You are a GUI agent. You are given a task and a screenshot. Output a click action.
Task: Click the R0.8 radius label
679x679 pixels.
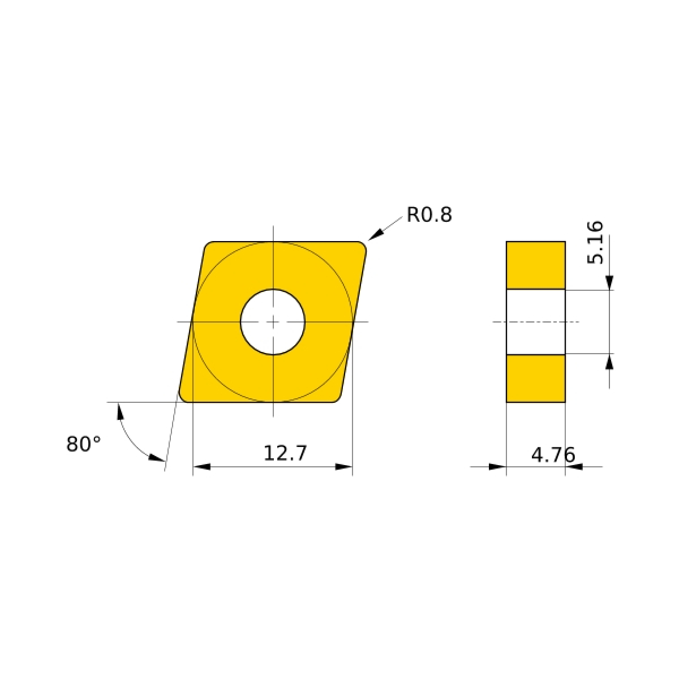point(429,214)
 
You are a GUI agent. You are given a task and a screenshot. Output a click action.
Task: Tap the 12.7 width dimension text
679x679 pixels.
point(285,453)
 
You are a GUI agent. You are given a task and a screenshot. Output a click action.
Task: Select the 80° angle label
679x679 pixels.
point(84,444)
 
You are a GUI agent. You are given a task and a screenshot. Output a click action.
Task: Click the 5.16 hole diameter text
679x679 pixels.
point(595,242)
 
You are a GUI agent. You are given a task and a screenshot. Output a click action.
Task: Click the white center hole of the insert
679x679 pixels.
point(273,322)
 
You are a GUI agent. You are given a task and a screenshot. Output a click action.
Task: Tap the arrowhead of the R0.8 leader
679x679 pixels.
point(375,234)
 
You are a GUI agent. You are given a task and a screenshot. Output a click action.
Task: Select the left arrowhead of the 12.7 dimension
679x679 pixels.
point(201,467)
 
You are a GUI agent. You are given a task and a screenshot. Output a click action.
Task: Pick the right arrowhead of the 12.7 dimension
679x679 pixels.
point(343,467)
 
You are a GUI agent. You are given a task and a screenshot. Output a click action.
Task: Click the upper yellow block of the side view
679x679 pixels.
point(536,265)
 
